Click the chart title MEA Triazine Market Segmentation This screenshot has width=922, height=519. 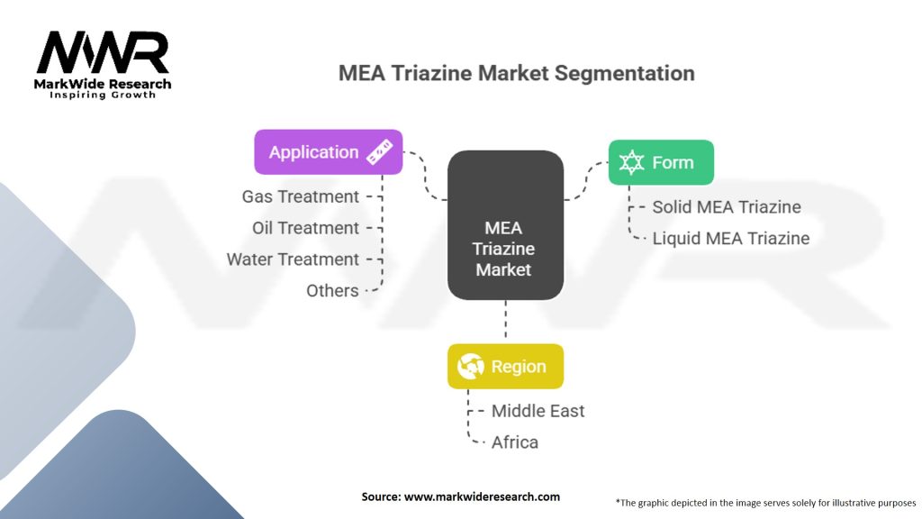click(516, 73)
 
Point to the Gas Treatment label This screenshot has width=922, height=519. click(300, 196)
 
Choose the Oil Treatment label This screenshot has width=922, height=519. click(305, 228)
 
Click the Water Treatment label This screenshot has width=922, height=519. click(293, 259)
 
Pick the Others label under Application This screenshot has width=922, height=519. click(332, 291)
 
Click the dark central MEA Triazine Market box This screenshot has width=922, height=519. click(505, 225)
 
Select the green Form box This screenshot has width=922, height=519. click(661, 163)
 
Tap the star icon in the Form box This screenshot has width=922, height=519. click(632, 163)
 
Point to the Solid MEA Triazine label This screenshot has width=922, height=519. click(726, 207)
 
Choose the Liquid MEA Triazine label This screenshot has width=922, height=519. click(730, 239)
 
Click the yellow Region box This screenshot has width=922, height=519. click(505, 367)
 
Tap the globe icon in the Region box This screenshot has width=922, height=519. click(471, 367)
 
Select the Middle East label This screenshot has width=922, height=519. click(538, 411)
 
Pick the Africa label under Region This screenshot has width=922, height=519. click(514, 442)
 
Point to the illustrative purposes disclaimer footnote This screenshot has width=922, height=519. click(765, 502)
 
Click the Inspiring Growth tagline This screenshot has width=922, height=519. click(103, 95)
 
